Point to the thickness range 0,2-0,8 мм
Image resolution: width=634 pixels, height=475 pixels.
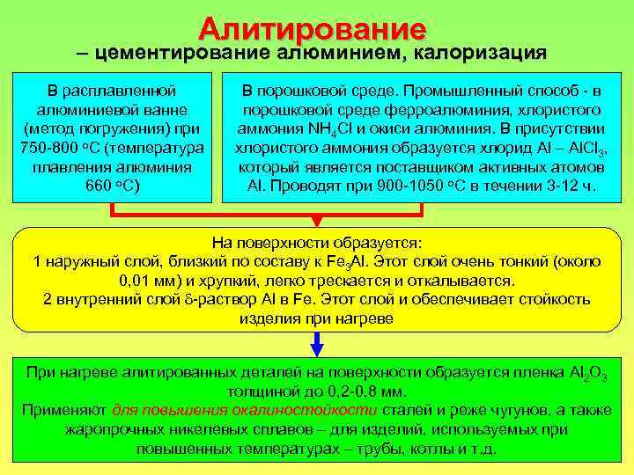tap(356, 391)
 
